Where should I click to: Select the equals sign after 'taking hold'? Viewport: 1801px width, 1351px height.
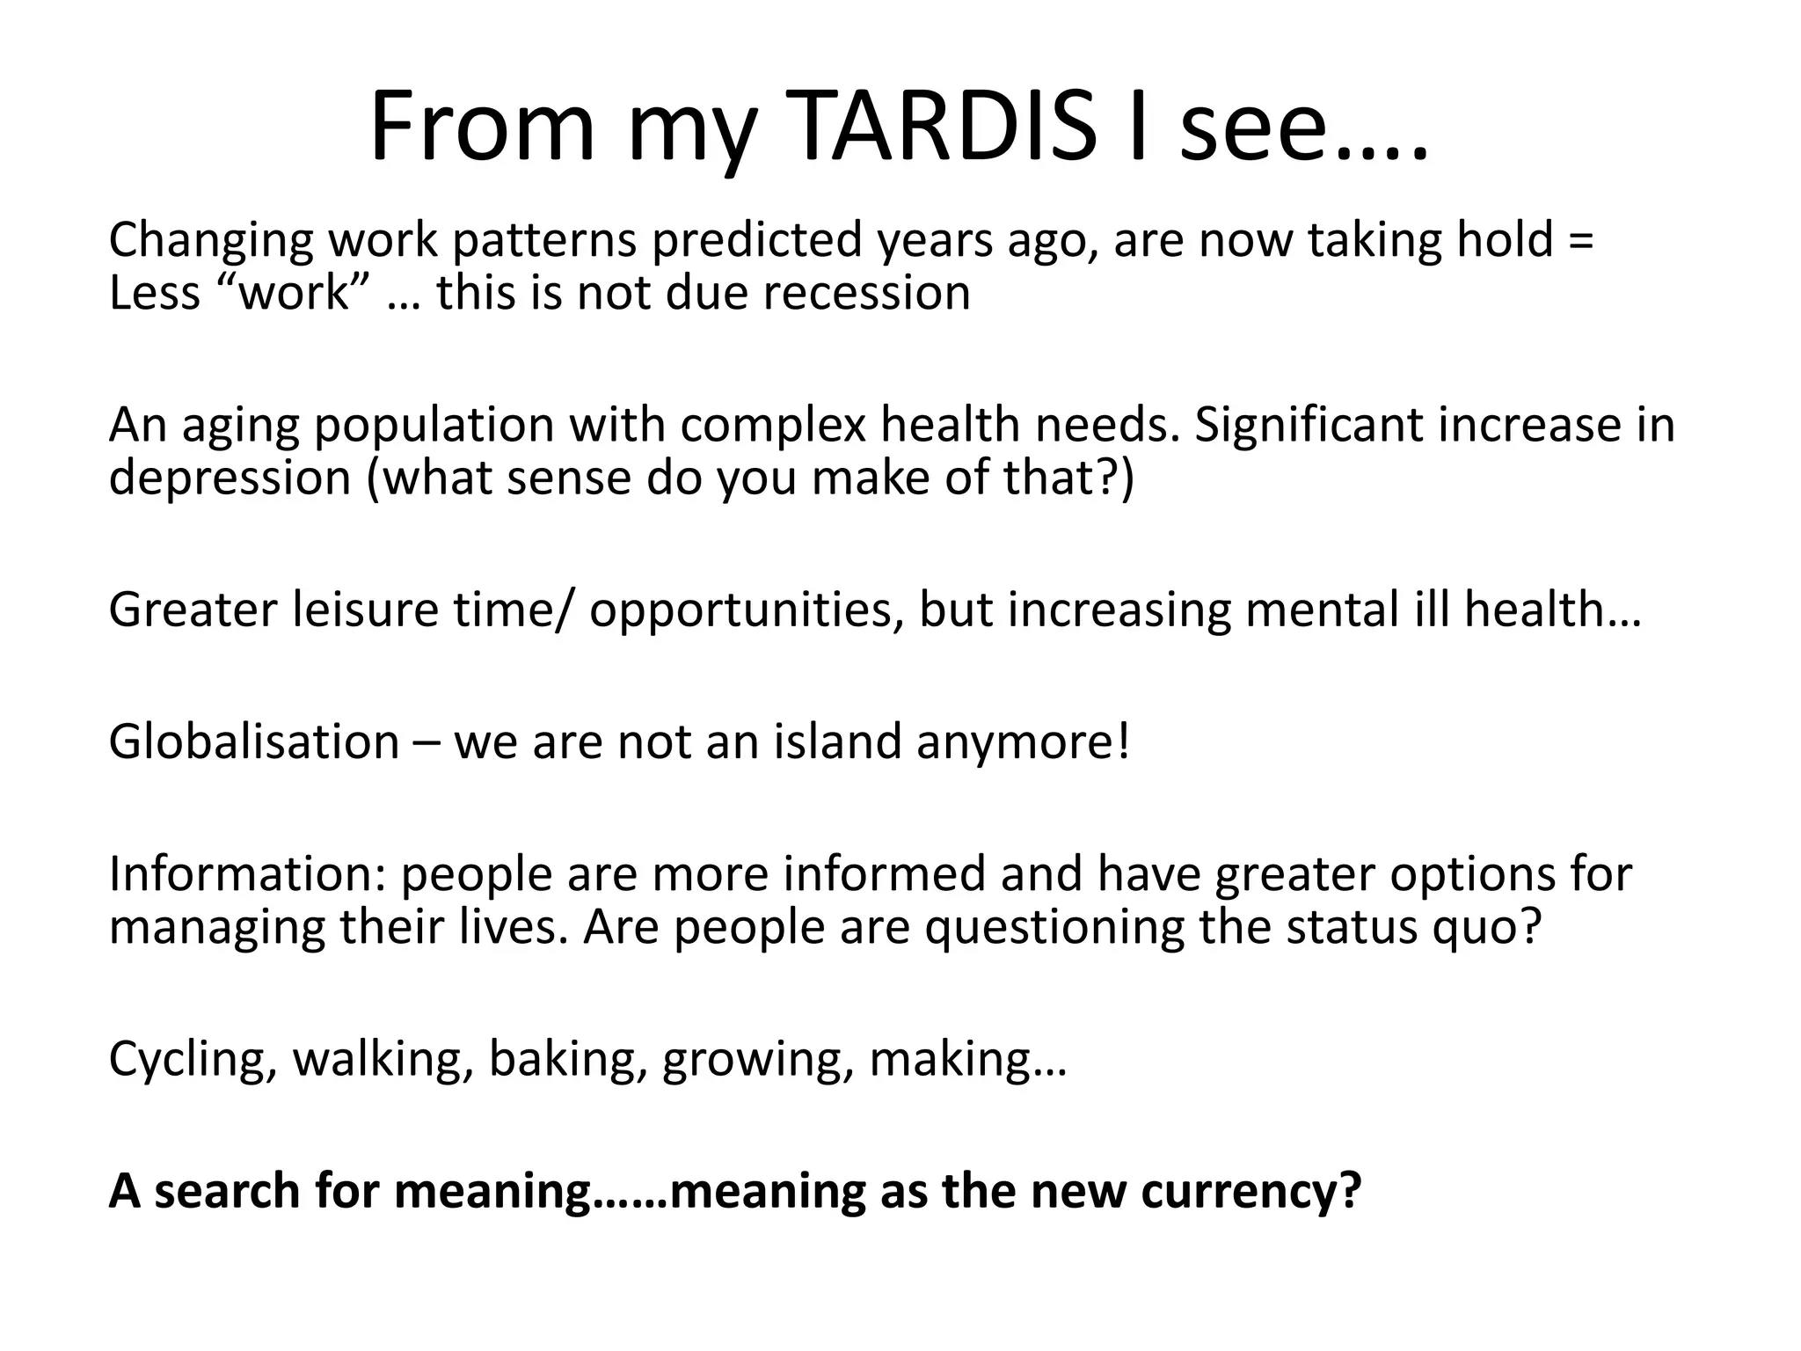tap(1580, 240)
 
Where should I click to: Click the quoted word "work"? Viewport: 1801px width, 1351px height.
tap(294, 293)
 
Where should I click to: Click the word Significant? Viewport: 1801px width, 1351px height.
tap(1308, 425)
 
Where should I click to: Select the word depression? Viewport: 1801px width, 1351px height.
tap(230, 478)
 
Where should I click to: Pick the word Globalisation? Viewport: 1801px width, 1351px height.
tap(254, 741)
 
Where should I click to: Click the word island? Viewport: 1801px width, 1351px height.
tap(837, 741)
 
